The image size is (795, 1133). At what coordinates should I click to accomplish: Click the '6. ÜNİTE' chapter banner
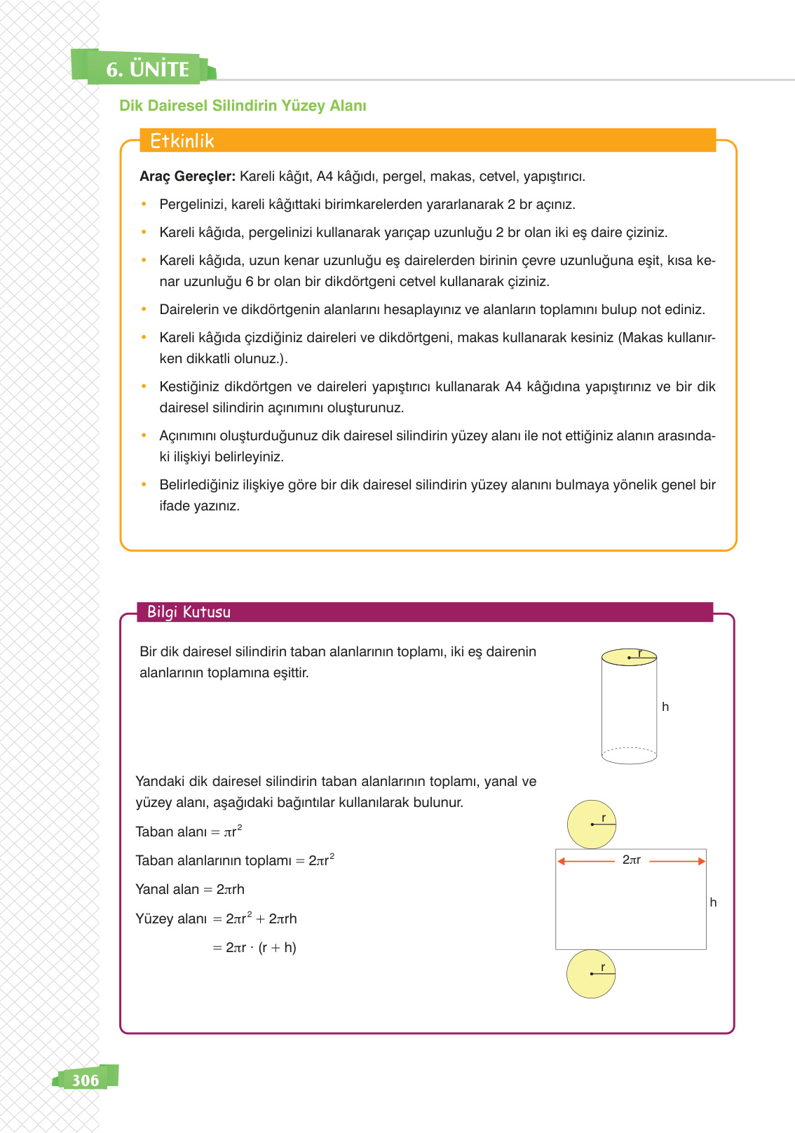click(x=147, y=69)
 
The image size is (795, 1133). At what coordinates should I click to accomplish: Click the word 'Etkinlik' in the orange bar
click(x=182, y=141)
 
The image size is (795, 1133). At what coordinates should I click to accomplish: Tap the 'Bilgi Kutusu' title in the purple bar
click(x=189, y=612)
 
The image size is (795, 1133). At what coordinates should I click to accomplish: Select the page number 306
click(x=86, y=1080)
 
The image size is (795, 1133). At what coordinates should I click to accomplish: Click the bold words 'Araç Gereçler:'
click(x=187, y=177)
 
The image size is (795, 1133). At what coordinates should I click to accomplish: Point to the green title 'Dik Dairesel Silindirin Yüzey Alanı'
click(x=243, y=106)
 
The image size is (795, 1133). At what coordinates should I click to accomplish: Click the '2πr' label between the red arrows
click(x=631, y=860)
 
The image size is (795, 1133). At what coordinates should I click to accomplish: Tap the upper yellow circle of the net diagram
click(x=591, y=825)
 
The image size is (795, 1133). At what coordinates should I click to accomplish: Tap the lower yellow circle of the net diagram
click(x=590, y=974)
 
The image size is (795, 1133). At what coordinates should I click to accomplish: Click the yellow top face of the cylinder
click(x=629, y=658)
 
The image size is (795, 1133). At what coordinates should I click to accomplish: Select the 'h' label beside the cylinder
click(x=665, y=707)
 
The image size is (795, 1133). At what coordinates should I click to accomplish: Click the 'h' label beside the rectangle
click(x=713, y=902)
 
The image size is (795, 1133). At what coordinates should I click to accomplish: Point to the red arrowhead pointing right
click(x=701, y=861)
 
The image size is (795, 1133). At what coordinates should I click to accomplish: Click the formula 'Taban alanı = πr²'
click(x=189, y=832)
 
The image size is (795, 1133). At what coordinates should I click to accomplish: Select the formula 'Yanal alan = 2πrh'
click(x=190, y=890)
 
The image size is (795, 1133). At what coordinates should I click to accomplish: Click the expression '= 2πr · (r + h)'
click(x=254, y=948)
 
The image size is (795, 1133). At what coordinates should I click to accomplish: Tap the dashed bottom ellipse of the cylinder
click(x=629, y=755)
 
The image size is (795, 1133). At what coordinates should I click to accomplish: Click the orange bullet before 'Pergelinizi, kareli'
click(x=144, y=205)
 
